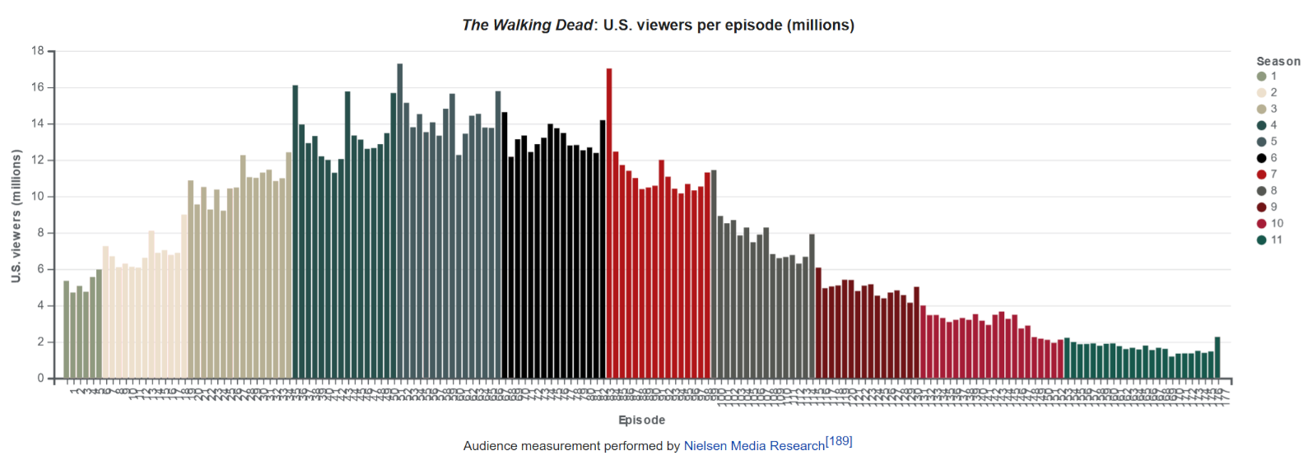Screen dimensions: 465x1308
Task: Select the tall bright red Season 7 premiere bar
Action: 609,223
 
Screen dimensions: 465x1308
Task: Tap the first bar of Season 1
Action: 67,329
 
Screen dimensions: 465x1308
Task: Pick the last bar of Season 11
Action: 1217,357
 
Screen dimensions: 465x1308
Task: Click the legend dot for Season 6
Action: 1261,158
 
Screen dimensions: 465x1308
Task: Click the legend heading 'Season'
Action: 1278,61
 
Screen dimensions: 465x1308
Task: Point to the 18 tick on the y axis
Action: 38,51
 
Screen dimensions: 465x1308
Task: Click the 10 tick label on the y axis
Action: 38,197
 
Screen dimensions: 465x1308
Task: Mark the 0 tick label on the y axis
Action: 40,379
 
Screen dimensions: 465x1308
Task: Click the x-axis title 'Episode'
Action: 641,420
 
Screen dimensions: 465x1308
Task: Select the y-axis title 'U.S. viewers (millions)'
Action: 16,216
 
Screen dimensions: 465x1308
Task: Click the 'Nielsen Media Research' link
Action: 754,446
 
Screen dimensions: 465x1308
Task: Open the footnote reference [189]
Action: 839,441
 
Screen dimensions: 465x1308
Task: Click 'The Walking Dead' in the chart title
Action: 527,26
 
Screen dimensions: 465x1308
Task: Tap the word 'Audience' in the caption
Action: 490,446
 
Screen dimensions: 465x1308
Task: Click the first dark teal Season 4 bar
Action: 296,231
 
